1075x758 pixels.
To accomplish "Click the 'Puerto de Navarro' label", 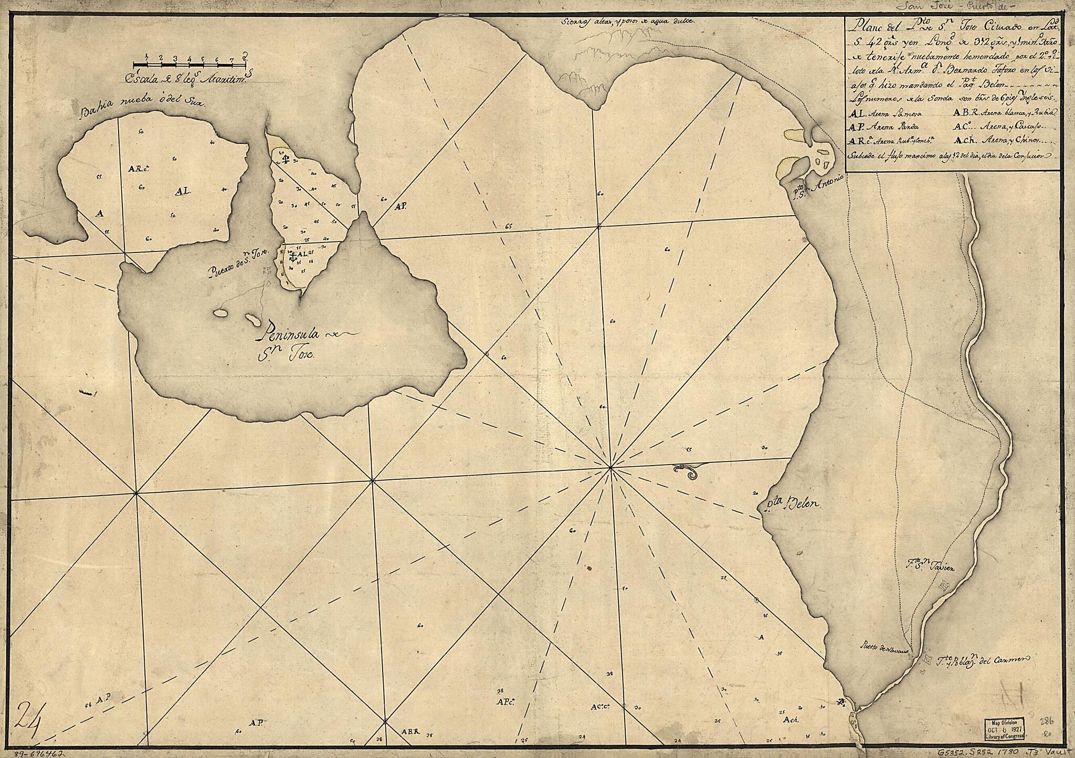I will (x=888, y=647).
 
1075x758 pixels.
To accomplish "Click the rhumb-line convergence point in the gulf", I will (x=610, y=467).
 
